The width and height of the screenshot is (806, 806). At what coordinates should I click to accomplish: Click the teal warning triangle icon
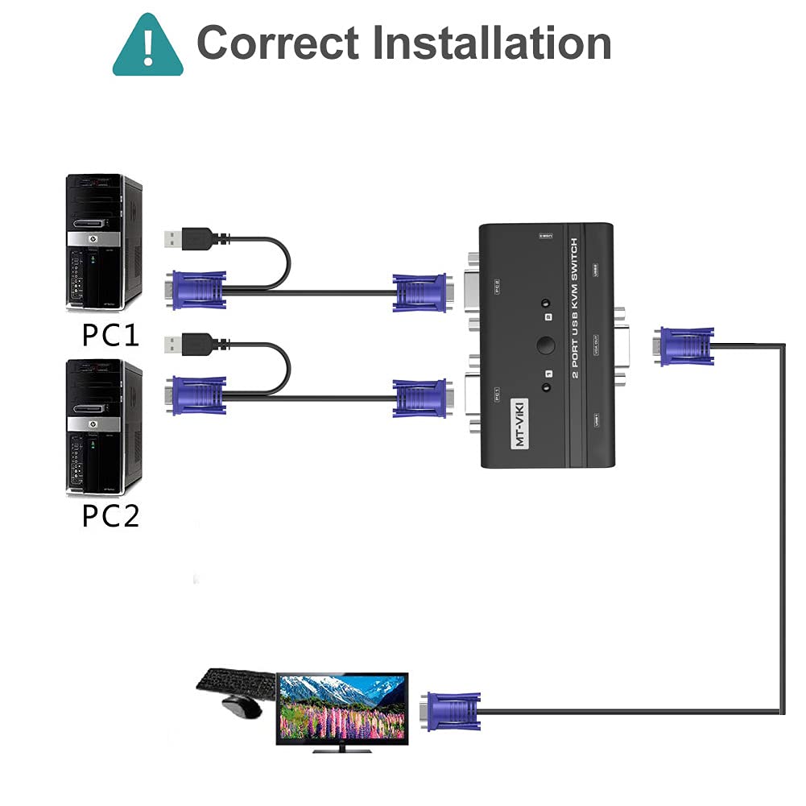[x=148, y=46]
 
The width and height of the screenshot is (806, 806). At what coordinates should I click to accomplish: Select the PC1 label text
[x=111, y=335]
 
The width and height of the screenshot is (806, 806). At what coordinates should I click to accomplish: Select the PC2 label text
[x=111, y=516]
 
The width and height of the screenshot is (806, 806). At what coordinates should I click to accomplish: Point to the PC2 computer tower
[x=103, y=427]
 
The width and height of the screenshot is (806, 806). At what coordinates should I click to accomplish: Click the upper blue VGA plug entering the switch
[x=420, y=292]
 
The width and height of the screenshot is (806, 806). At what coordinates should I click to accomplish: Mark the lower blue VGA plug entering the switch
[x=420, y=399]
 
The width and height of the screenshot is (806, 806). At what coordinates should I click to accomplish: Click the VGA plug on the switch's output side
[x=684, y=346]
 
